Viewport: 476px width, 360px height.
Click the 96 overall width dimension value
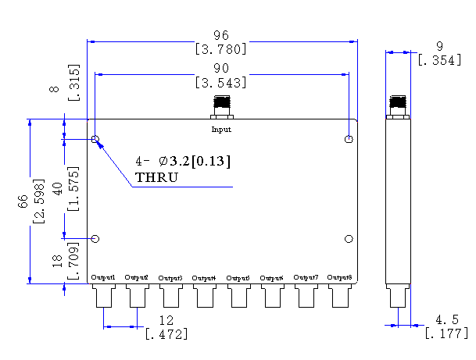point(222,35)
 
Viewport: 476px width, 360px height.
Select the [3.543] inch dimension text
point(222,82)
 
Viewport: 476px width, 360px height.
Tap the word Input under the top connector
point(221,129)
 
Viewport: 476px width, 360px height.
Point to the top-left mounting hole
point(95,140)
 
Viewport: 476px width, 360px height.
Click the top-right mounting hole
point(349,140)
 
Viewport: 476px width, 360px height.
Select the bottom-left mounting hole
point(95,239)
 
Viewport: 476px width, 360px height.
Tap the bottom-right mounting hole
point(349,239)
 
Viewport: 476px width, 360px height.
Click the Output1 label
point(103,278)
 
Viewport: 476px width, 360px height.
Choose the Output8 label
point(340,278)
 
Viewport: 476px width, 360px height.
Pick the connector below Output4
point(205,297)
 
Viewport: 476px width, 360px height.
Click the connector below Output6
point(273,297)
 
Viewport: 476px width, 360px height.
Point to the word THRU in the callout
point(157,178)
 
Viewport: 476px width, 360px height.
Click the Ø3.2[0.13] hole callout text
point(194,162)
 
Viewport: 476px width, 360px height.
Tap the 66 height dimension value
point(24,201)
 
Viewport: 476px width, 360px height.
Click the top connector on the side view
point(399,105)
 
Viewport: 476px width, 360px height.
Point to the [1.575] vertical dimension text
point(73,188)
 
